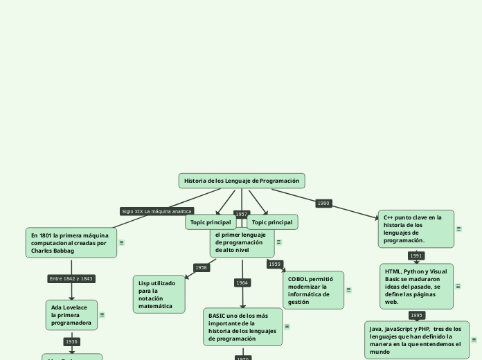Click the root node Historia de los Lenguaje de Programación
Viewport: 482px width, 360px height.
tap(241, 181)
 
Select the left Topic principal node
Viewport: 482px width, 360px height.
tap(211, 222)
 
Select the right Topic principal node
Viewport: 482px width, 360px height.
tap(272, 222)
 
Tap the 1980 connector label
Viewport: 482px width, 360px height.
tap(323, 204)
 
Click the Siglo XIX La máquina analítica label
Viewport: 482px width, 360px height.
tap(157, 211)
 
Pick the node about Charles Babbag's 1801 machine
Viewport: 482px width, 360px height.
tap(71, 243)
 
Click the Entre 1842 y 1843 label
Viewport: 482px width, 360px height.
tap(71, 278)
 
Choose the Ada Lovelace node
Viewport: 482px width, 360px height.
tap(71, 314)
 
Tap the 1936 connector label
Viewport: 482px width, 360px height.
tap(71, 341)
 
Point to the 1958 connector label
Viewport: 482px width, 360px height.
tap(201, 267)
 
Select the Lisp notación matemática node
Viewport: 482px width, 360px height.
tap(159, 294)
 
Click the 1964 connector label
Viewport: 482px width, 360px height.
tap(242, 282)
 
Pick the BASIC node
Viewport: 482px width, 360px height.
tap(242, 327)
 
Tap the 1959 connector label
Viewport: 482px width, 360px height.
tap(275, 264)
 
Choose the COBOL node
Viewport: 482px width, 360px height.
tap(313, 290)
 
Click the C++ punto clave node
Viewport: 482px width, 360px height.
tap(416, 228)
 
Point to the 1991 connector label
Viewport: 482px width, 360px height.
tap(416, 255)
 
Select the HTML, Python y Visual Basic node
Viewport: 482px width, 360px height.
tap(416, 286)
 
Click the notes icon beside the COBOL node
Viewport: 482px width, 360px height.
tap(348, 290)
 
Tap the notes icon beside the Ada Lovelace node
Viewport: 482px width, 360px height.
tap(102, 314)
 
